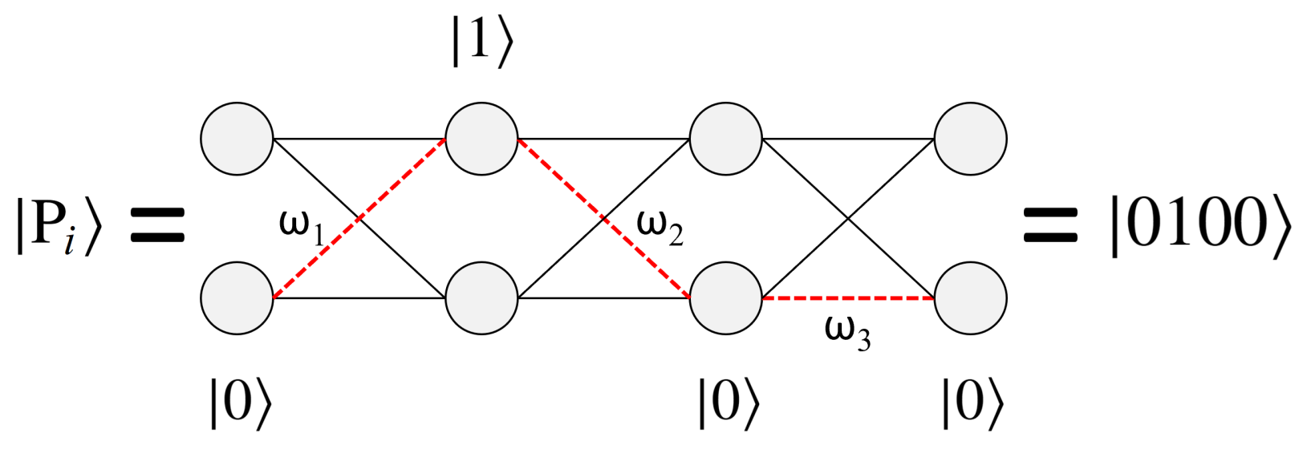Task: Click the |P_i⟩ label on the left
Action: tap(59, 227)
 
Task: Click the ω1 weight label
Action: tap(302, 226)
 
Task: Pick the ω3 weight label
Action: tap(847, 331)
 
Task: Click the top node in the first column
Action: tap(237, 139)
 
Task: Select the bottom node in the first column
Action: tap(237, 297)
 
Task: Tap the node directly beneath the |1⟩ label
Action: tap(481, 139)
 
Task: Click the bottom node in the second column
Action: tap(481, 297)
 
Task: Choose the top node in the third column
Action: tap(726, 139)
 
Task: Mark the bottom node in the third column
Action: tap(726, 297)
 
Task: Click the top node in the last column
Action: tap(970, 139)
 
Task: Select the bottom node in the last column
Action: tap(970, 297)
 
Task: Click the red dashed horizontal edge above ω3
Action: tap(848, 298)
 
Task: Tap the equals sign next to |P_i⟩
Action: tap(158, 226)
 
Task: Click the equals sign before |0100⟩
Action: tap(1051, 226)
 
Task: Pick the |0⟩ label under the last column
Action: tap(972, 402)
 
